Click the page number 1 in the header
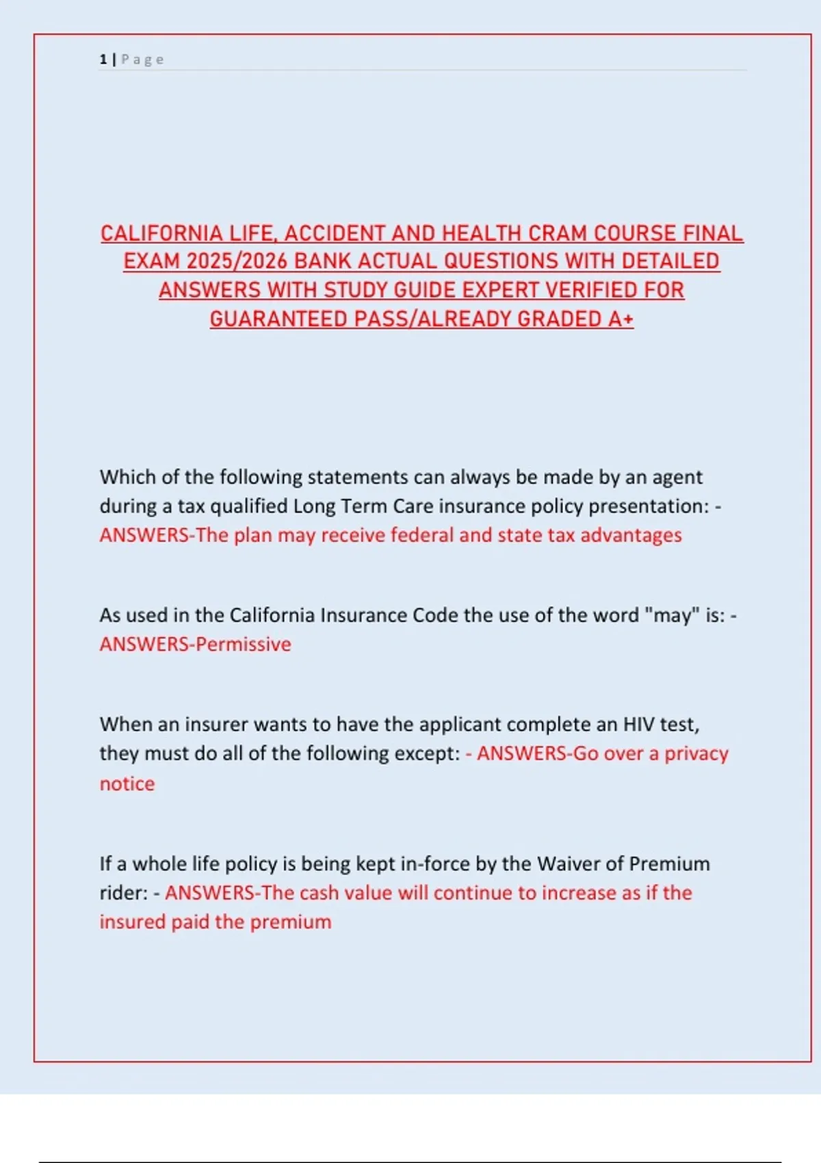click(103, 60)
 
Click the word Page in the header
click(142, 60)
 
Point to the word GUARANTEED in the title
click(278, 319)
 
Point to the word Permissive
click(244, 644)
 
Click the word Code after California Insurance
click(435, 615)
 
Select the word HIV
click(639, 724)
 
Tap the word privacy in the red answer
click(696, 753)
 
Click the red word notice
click(127, 783)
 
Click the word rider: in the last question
click(124, 893)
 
